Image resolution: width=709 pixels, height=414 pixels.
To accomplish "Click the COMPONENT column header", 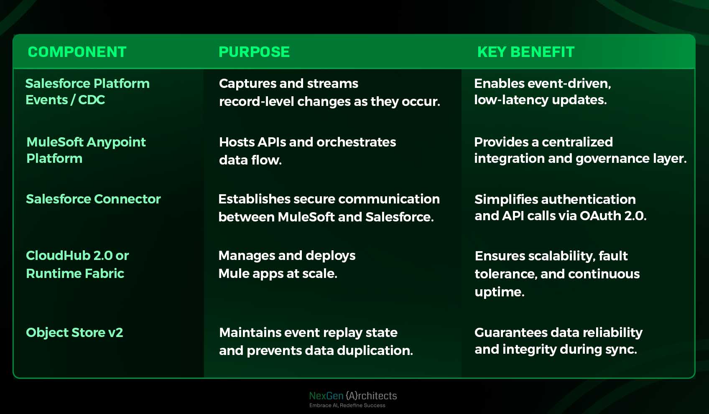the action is coord(77,52).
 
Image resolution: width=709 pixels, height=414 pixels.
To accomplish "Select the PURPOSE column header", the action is coord(254,52).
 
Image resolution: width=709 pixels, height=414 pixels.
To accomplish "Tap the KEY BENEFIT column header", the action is coord(526,52).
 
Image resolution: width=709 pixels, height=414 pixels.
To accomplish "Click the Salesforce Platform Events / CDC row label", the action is coord(87,92).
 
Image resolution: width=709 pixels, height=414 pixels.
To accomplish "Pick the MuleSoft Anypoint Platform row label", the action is coord(86,150).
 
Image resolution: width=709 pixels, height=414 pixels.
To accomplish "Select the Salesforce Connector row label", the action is coord(93,199).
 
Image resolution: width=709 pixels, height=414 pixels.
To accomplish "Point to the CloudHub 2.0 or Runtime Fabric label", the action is coord(77,264).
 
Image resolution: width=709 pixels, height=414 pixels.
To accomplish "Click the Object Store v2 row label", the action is coord(74,332).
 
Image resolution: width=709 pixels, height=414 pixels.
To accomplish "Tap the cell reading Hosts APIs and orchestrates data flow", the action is coord(307,151).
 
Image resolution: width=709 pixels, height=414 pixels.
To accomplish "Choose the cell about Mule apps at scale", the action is coord(287,264).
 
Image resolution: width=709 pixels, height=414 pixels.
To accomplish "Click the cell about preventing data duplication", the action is coord(316,341).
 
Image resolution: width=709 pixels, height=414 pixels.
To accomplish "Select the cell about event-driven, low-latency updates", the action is coord(542,92).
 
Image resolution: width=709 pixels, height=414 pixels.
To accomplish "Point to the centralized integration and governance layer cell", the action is coord(580,150).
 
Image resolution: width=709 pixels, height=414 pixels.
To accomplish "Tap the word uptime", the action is coord(499,292).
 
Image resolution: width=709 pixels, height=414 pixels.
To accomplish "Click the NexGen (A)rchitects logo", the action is coord(353,396).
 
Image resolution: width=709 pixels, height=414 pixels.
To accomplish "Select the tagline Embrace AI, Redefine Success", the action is coord(347,405).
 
